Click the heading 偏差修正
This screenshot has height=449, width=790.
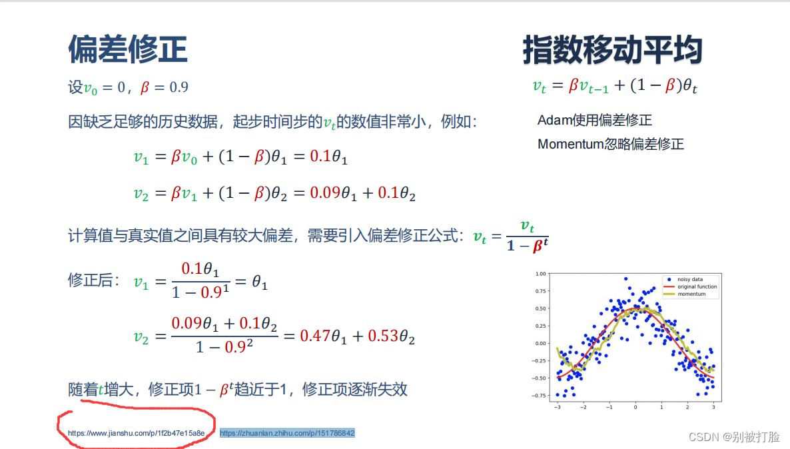click(128, 49)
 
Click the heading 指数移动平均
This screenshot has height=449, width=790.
click(612, 51)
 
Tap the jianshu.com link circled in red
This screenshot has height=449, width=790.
click(137, 433)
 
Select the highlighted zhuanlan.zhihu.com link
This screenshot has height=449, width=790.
click(287, 433)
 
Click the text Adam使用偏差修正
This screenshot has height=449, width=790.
click(594, 121)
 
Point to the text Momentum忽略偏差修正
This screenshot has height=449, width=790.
click(610, 144)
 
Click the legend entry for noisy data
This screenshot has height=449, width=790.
click(690, 279)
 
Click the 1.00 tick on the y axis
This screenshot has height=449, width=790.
click(540, 274)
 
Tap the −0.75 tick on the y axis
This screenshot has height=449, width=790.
click(539, 396)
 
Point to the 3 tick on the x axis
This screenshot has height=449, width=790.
click(713, 406)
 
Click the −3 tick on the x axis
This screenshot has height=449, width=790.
click(557, 406)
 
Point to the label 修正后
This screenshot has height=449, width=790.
click(94, 280)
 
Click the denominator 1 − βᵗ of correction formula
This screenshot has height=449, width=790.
click(527, 246)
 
